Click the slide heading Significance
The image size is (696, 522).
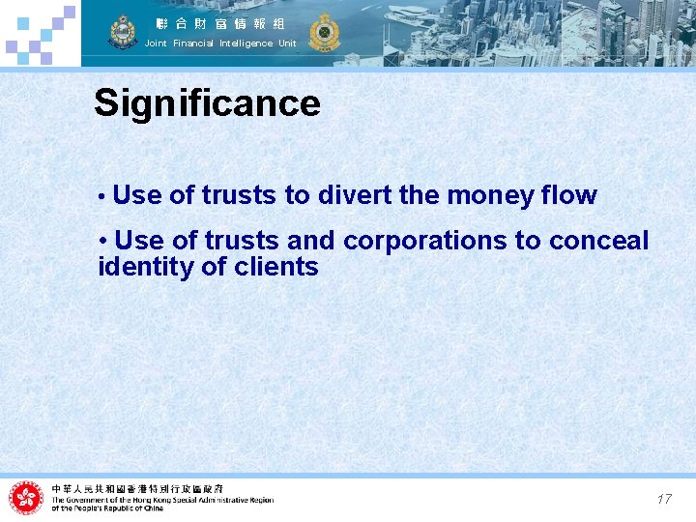click(x=207, y=103)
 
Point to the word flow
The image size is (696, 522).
click(x=569, y=195)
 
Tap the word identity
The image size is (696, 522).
click(x=146, y=267)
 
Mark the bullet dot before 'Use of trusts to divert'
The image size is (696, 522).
click(x=101, y=196)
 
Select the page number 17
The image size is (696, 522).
click(x=663, y=500)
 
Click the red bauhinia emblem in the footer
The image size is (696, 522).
click(x=26, y=499)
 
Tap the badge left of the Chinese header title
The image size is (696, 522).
click(x=123, y=32)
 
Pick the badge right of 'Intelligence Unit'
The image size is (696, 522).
click(x=324, y=32)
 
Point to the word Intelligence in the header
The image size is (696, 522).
click(x=246, y=43)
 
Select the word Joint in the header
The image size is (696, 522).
click(x=156, y=43)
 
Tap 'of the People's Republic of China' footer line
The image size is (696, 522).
click(x=107, y=508)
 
